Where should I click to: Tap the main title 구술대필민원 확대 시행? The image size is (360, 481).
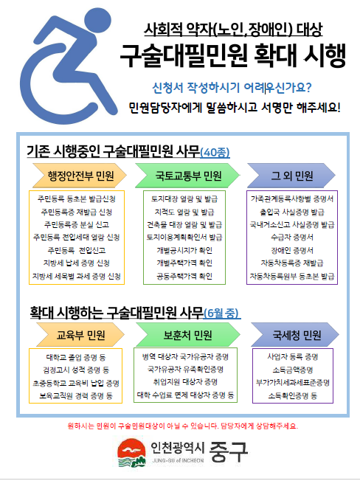[233, 55]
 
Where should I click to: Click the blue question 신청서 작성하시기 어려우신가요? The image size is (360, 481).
[232, 88]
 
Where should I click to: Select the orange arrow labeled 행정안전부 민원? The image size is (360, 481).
[80, 176]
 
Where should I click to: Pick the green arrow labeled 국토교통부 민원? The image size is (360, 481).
[187, 176]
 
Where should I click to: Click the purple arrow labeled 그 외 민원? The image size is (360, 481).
[291, 176]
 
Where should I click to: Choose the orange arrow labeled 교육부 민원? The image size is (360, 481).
[80, 335]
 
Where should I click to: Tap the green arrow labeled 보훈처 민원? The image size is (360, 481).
[187, 335]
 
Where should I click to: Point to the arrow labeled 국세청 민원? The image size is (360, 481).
[295, 335]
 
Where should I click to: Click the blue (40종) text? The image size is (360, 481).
[215, 153]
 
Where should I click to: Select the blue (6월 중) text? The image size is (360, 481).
[222, 313]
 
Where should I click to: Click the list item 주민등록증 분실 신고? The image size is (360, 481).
[77, 224]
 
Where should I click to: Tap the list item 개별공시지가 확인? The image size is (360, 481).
[184, 250]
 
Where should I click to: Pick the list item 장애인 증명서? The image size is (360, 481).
[292, 250]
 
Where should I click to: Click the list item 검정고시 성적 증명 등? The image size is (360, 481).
[76, 370]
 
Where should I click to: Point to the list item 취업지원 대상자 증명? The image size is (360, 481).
[185, 382]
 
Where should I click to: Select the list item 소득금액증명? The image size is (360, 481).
[293, 370]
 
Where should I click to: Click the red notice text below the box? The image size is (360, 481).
[183, 426]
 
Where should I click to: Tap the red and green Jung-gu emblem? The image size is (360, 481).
[131, 452]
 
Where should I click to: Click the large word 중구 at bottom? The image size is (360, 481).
[229, 451]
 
